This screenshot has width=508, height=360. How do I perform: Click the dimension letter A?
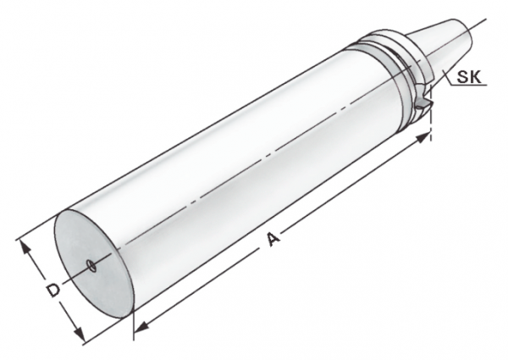273,240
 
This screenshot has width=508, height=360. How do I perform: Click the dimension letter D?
52,290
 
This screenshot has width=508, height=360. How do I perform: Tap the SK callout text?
469,77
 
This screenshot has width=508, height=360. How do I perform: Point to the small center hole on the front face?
92,266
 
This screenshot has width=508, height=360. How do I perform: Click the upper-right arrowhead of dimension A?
422,136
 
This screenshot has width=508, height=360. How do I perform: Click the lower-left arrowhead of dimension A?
141,327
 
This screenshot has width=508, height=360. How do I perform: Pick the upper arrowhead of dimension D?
25,247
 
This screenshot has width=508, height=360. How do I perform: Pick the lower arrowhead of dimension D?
79,334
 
